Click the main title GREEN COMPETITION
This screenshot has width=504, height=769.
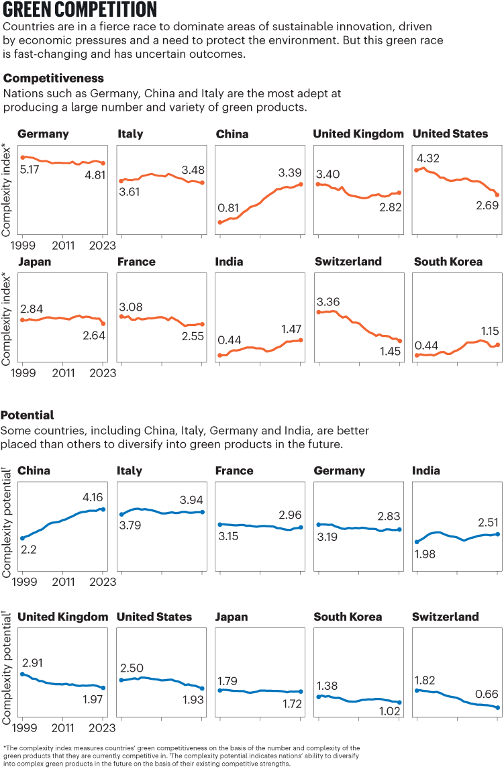click(81, 10)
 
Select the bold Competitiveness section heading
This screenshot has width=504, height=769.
click(54, 79)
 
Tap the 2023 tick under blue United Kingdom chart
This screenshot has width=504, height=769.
click(103, 727)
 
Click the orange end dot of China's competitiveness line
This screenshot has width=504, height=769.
click(301, 184)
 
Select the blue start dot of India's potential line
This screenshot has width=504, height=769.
click(417, 542)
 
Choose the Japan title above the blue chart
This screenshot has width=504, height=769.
click(232, 617)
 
